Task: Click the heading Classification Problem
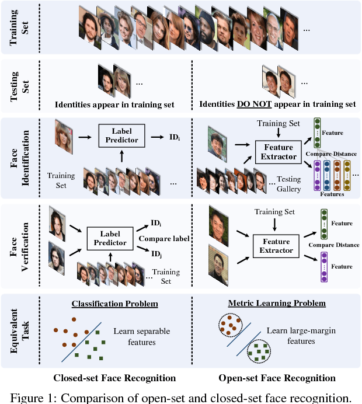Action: click(x=114, y=304)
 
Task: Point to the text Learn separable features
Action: click(x=142, y=336)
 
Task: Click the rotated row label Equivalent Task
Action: click(x=19, y=331)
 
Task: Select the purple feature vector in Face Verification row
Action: click(x=323, y=267)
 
